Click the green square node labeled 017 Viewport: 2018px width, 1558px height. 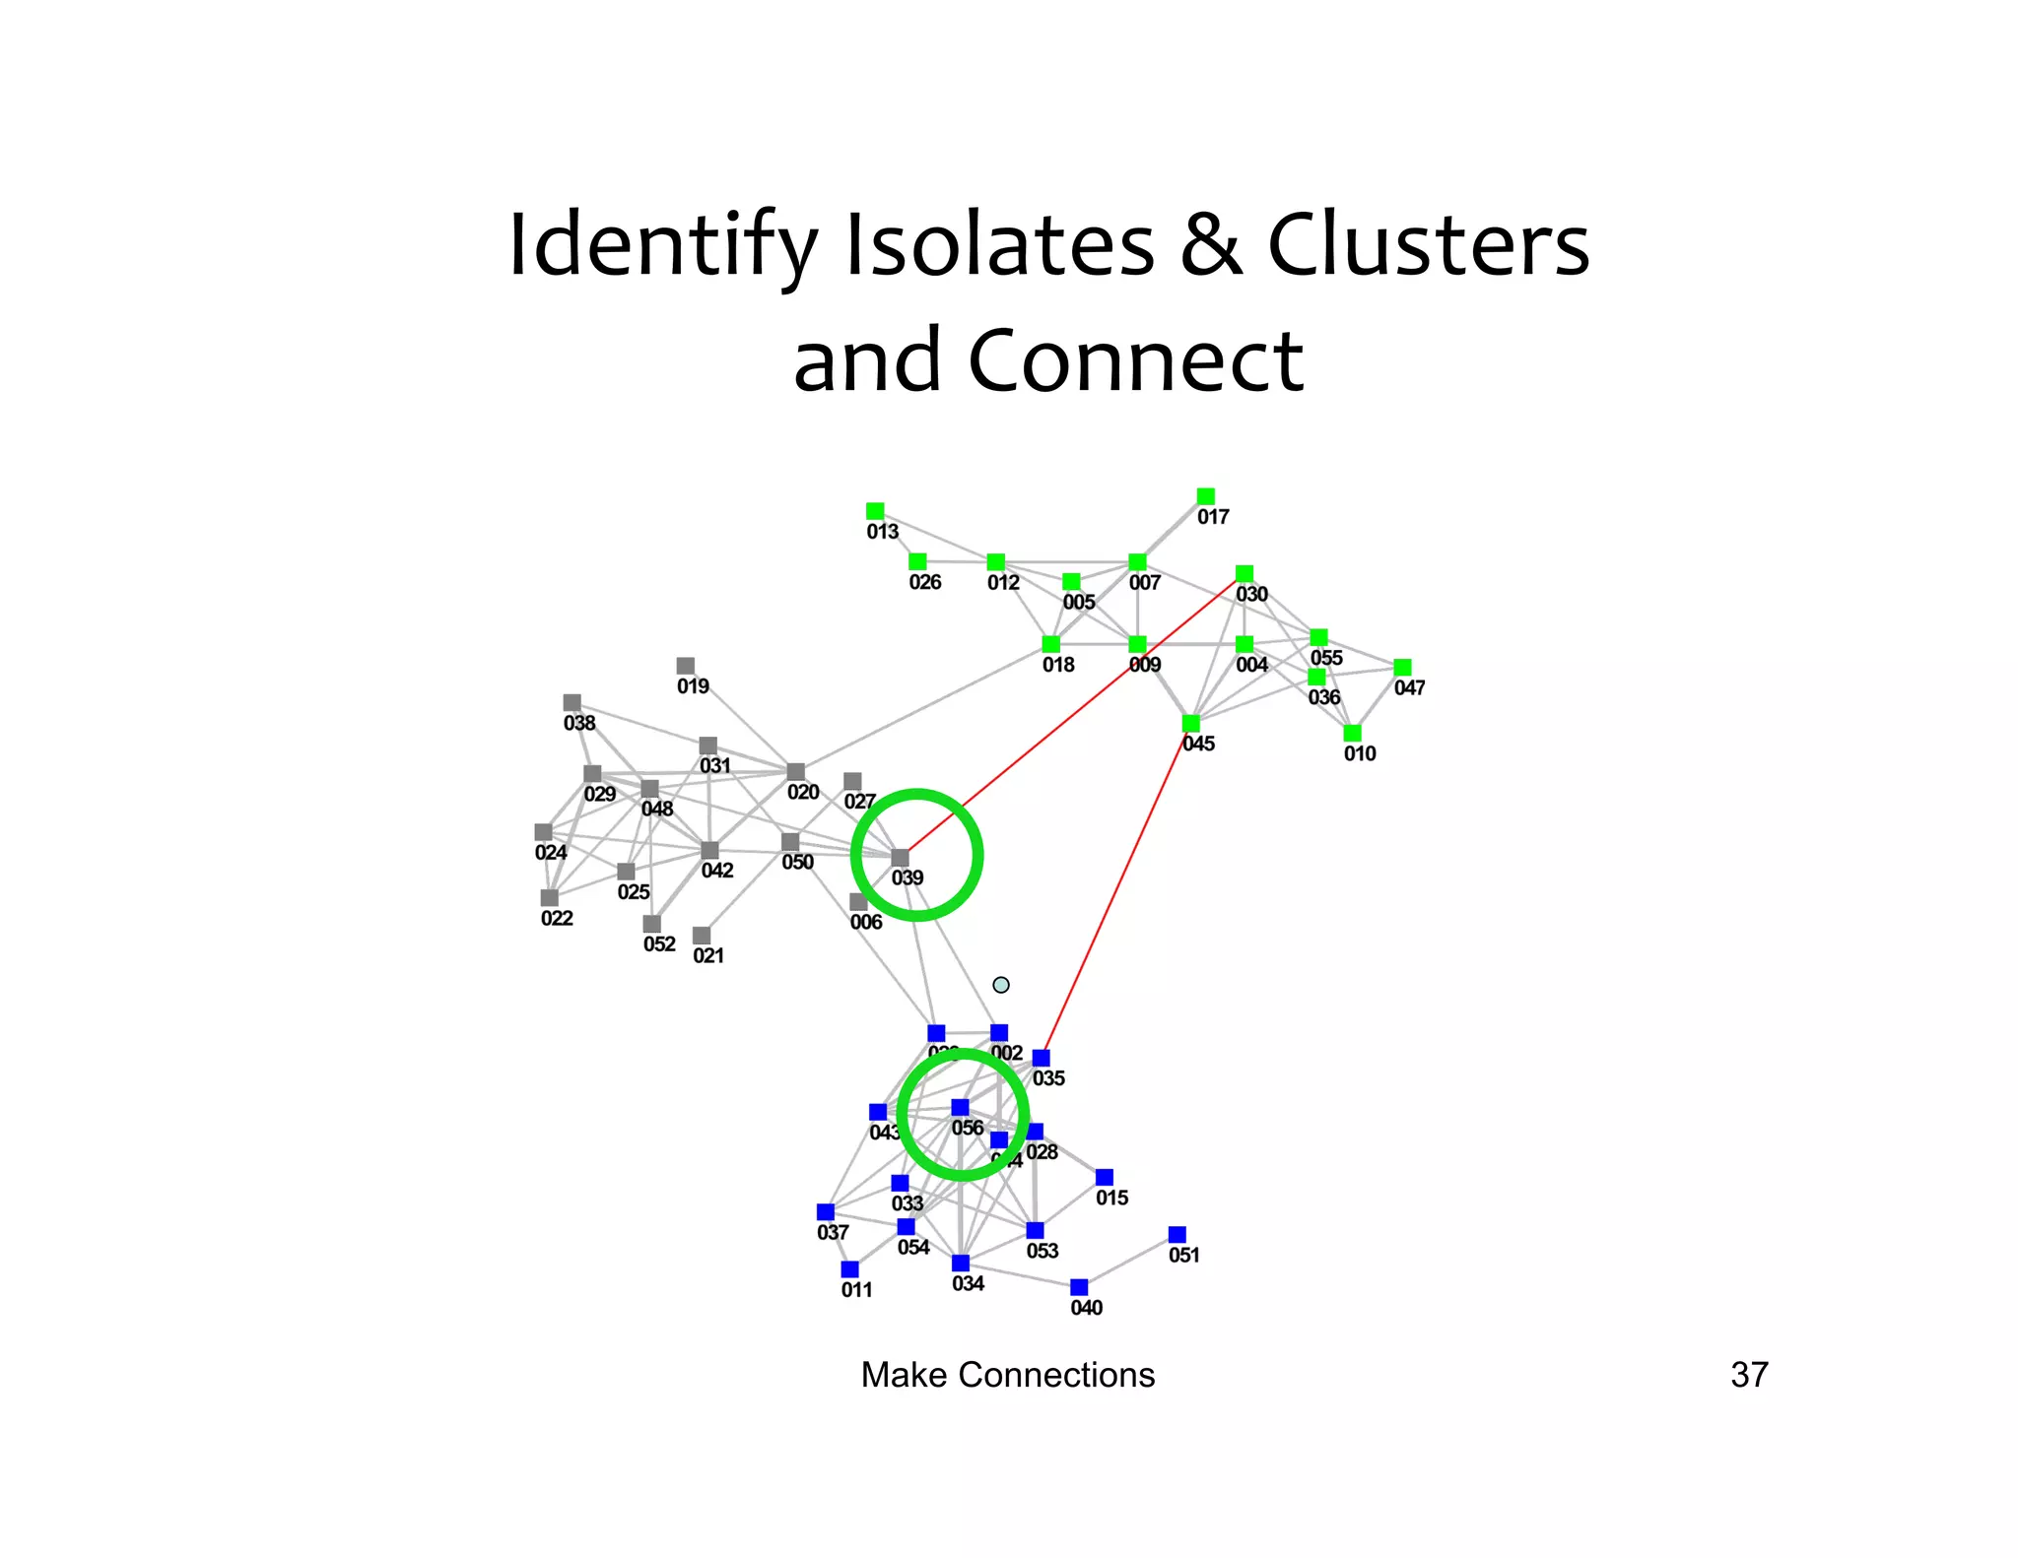tap(1205, 495)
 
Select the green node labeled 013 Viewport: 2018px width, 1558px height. tap(875, 511)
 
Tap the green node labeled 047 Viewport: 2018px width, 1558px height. tap(1402, 668)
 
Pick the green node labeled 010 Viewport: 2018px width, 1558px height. tap(1352, 733)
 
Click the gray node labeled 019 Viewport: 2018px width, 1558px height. tap(686, 666)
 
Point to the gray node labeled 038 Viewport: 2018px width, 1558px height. tap(572, 702)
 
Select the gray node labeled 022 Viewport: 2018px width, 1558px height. tap(550, 897)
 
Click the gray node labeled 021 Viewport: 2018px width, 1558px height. tap(702, 935)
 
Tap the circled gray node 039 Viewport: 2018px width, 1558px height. tap(900, 858)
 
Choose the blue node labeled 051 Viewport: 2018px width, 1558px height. tap(1177, 1234)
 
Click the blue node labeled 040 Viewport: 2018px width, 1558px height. tap(1079, 1287)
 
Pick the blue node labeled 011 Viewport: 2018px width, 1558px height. tap(849, 1269)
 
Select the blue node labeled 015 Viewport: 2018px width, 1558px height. tap(1105, 1178)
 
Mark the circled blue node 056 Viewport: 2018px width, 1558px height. tap(960, 1108)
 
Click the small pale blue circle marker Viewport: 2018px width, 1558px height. tap(1001, 985)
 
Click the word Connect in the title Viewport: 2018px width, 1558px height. tap(1135, 360)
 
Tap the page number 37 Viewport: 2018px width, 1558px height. tap(1749, 1375)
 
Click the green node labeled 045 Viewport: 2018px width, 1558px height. tap(1190, 724)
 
